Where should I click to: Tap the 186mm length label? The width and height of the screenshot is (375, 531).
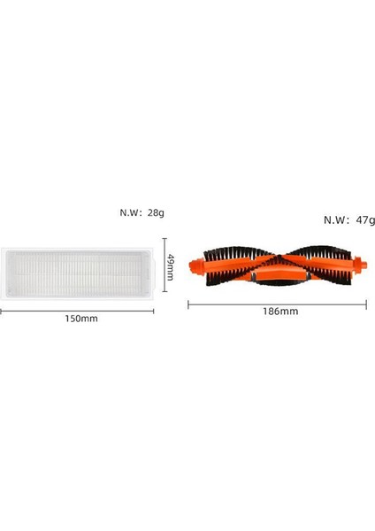pos(279,312)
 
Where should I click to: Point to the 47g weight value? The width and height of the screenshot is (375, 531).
pos(365,219)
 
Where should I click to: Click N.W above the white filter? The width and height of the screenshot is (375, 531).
pos(134,212)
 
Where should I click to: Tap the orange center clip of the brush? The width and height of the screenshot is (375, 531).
pos(277,276)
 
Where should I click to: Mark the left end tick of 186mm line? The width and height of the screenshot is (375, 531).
pos(189,304)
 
